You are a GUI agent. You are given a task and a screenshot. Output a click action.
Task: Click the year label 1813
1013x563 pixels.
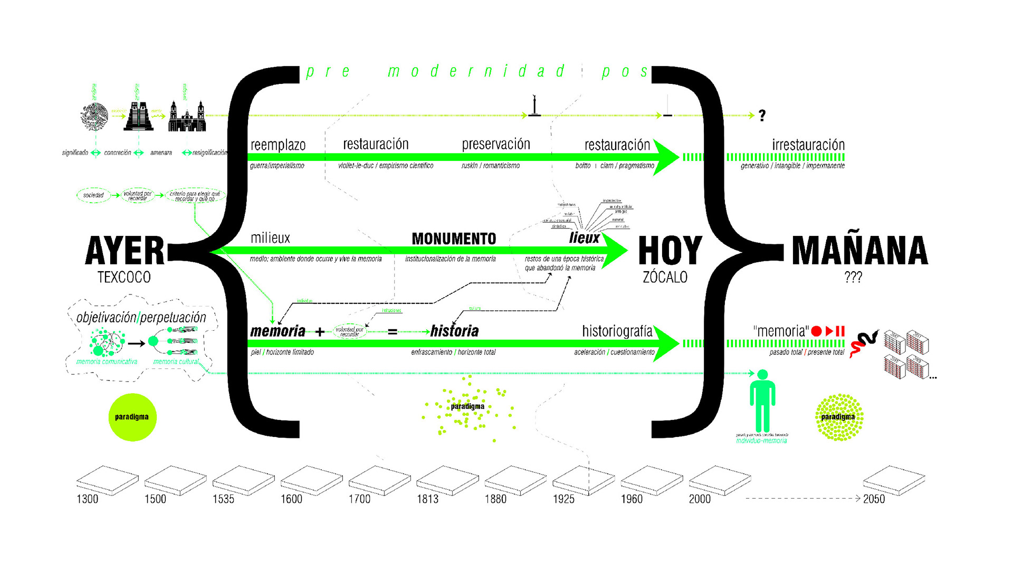tap(427, 499)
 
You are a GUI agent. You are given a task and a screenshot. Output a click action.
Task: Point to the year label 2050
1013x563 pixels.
tap(874, 499)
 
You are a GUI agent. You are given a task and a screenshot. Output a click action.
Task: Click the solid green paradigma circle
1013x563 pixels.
tap(132, 417)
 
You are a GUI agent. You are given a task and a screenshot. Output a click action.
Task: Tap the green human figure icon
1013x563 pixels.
tap(762, 401)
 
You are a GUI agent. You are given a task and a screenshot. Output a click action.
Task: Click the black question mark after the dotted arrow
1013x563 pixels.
tap(762, 116)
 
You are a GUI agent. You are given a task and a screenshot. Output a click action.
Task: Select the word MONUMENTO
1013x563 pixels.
tap(454, 239)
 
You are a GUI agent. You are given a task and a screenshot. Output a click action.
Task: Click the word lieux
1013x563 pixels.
tap(584, 238)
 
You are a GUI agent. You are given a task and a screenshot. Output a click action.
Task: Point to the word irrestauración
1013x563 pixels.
tap(808, 145)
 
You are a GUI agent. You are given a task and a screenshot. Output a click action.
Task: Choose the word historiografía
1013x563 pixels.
tap(617, 331)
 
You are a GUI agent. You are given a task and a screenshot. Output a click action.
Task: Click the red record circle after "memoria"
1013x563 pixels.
tap(816, 331)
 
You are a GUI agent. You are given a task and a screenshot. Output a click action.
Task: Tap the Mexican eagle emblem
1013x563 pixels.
tap(95, 116)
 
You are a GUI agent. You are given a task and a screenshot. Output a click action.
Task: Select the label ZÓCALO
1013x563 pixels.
tap(665, 277)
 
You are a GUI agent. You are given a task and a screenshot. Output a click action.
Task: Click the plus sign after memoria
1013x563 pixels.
tap(320, 332)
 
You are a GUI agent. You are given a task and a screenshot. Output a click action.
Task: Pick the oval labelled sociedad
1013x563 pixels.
tap(93, 195)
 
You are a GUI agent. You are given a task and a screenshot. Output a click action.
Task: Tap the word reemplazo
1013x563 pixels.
tap(278, 145)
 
